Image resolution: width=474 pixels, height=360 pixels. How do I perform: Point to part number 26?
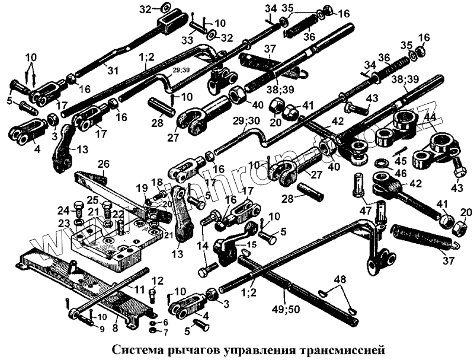point(104,164)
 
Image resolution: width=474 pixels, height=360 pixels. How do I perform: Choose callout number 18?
point(156,181)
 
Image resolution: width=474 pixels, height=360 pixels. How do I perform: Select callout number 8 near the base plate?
point(116,326)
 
